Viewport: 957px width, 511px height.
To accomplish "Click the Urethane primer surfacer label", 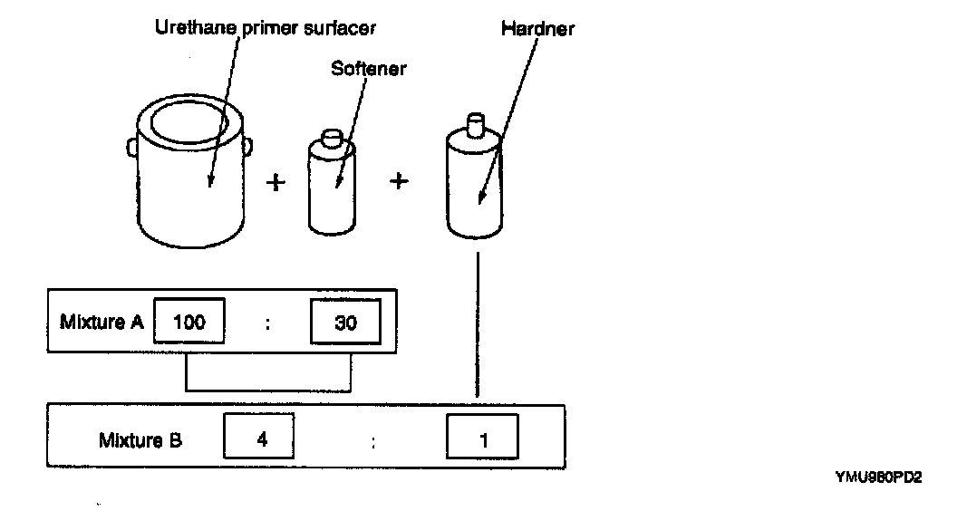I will [262, 26].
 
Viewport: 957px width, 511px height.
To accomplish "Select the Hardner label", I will [536, 30].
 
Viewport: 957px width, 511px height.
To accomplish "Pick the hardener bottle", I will [474, 186].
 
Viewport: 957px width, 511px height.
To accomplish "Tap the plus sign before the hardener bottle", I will [399, 181].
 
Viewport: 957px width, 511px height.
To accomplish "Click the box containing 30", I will [345, 322].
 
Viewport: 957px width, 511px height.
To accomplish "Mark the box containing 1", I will [481, 439].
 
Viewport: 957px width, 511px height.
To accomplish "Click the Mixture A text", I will [101, 322].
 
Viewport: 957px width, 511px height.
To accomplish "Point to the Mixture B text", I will [140, 440].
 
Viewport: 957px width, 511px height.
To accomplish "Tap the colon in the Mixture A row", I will [268, 323].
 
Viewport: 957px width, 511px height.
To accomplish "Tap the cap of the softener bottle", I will [333, 139].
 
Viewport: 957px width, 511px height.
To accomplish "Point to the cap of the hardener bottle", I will [472, 122].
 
